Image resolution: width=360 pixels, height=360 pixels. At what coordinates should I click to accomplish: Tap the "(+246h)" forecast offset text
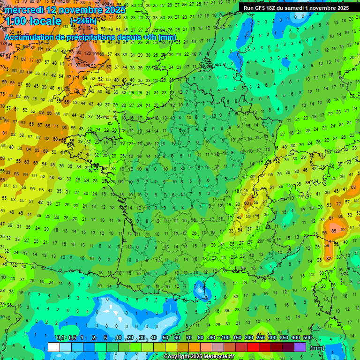coord(83,21)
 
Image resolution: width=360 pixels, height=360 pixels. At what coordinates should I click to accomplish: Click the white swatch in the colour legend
coord(54,347)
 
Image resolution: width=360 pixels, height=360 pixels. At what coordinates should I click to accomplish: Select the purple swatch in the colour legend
coord(300,347)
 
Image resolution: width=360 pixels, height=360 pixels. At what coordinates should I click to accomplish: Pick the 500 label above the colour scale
coord(307,338)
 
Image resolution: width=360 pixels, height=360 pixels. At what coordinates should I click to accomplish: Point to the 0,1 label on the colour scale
coord(60,338)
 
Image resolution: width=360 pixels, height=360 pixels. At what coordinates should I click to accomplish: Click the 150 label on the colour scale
coord(237,338)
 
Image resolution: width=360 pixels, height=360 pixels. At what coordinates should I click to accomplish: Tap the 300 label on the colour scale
coord(272,338)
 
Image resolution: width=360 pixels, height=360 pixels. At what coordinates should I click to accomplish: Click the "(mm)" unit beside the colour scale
coord(317,348)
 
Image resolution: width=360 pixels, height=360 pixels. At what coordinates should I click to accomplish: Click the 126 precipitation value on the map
coord(87,53)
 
